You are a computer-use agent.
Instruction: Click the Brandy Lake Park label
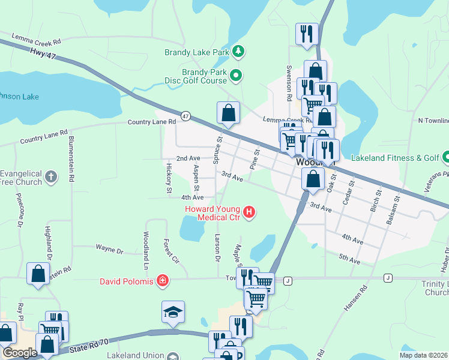coord(197,52)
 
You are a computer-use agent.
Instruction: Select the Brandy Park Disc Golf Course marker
coord(236,76)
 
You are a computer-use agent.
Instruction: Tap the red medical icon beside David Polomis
coord(161,280)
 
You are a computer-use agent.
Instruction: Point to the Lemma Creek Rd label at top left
coord(36,42)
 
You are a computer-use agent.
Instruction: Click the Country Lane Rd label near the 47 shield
coord(151,122)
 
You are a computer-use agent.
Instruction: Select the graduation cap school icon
coord(172,312)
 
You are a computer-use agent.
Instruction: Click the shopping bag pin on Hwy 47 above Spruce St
coord(228,112)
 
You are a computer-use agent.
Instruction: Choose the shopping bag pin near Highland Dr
coord(38,274)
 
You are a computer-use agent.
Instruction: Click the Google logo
coord(20,353)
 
